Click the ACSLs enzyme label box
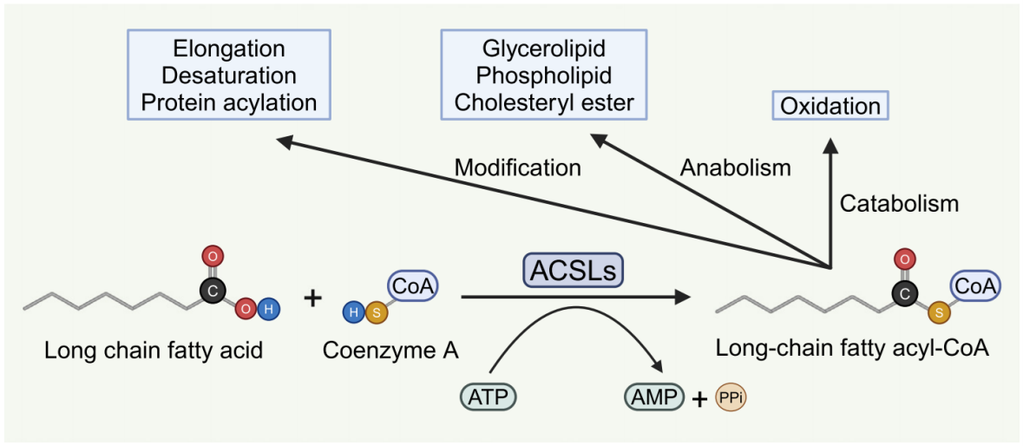[x=573, y=272]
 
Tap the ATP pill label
[x=489, y=397]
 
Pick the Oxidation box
[x=830, y=107]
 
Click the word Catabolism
[x=899, y=204]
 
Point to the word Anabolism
[x=736, y=167]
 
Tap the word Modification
[x=518, y=167]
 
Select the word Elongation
[x=229, y=49]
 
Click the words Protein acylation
[x=229, y=102]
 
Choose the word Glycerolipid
[x=545, y=49]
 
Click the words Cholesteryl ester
[x=545, y=102]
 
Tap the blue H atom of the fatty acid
[x=269, y=310]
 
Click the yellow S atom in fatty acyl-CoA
[x=936, y=311]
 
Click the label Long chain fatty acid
[x=154, y=351]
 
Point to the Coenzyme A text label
[x=390, y=351]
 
